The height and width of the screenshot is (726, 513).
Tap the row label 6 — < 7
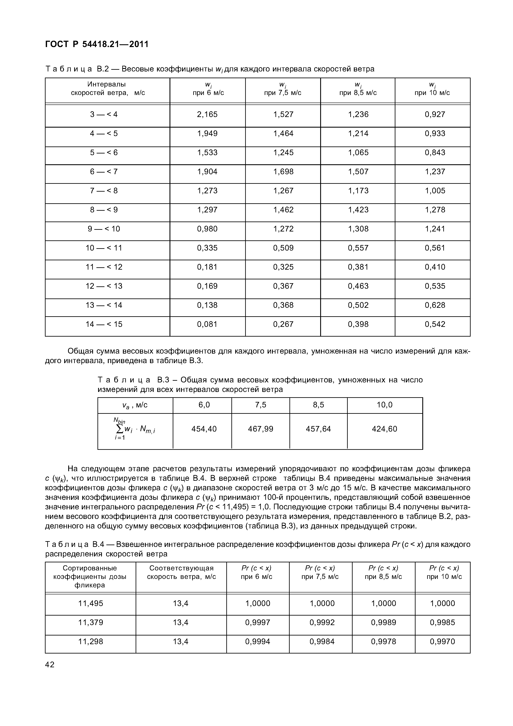coord(104,172)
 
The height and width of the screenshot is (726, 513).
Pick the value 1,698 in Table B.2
coord(283,172)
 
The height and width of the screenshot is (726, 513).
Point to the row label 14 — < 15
coord(104,324)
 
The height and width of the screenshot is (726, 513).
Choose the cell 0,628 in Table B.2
coord(435,305)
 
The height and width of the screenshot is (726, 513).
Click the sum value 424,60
coord(384,429)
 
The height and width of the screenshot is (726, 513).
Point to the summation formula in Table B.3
coord(135,429)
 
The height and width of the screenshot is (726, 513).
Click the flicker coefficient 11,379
coord(90,622)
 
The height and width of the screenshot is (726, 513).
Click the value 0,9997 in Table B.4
coord(258,622)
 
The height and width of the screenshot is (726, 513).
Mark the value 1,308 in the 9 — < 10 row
coord(358,229)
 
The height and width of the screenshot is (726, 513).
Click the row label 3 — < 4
coord(104,114)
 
